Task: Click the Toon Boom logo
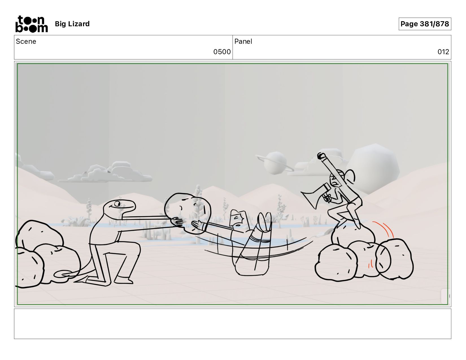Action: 32,24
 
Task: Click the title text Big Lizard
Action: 72,24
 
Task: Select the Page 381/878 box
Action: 424,24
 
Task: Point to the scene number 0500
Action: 222,52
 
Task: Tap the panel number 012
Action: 443,52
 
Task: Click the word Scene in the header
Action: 26,42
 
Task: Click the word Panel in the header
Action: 243,42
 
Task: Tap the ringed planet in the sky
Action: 275,163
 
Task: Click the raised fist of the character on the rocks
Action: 321,156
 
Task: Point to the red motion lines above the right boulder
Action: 384,230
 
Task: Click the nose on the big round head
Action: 181,208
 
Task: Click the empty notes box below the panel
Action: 233,324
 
